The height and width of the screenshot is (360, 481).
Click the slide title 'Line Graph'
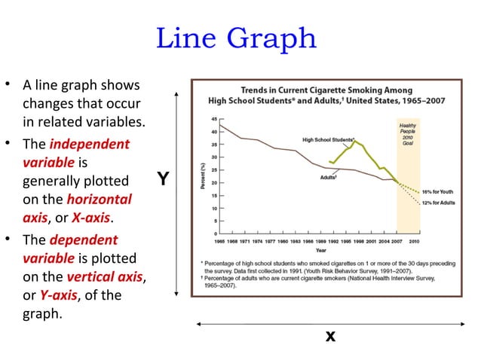236,38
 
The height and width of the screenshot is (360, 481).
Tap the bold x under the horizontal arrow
329,337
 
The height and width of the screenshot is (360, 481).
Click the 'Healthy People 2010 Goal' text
407,133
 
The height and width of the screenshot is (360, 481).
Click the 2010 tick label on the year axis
414,241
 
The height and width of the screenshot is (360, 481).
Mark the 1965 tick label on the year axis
221,241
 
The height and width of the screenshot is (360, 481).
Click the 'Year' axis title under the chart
321,249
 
